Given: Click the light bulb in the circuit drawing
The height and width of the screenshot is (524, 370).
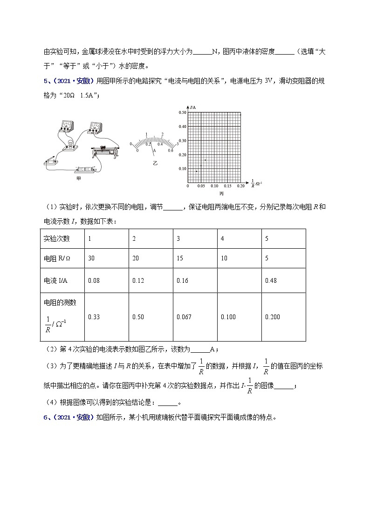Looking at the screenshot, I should pos(71,143).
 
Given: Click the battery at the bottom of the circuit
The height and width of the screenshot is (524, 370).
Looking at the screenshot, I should pos(85,169).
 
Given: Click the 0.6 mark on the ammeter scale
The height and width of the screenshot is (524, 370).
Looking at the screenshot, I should pos(171,150).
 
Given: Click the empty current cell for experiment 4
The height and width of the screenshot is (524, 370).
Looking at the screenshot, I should pos(239,280).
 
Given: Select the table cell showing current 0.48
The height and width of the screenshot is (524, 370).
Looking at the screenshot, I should pos(283,280).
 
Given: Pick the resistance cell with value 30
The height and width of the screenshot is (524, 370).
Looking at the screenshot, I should pos(106,259).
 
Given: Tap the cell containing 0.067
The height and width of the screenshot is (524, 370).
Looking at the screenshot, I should pos(194,317).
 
